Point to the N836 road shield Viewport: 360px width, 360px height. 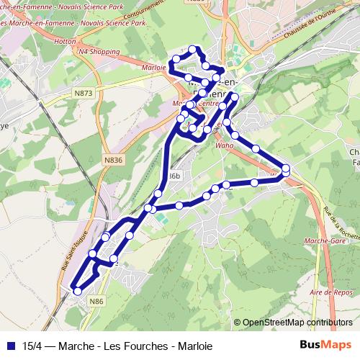pyautogui.click(x=114, y=161)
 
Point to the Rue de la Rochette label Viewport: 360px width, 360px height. pyautogui.click(x=341, y=224)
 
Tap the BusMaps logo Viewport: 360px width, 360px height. pyautogui.click(x=325, y=346)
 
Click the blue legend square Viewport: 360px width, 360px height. pyautogui.click(x=11, y=346)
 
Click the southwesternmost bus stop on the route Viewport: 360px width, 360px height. pyautogui.click(x=77, y=292)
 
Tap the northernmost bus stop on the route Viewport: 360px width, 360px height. pyautogui.click(x=193, y=49)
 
